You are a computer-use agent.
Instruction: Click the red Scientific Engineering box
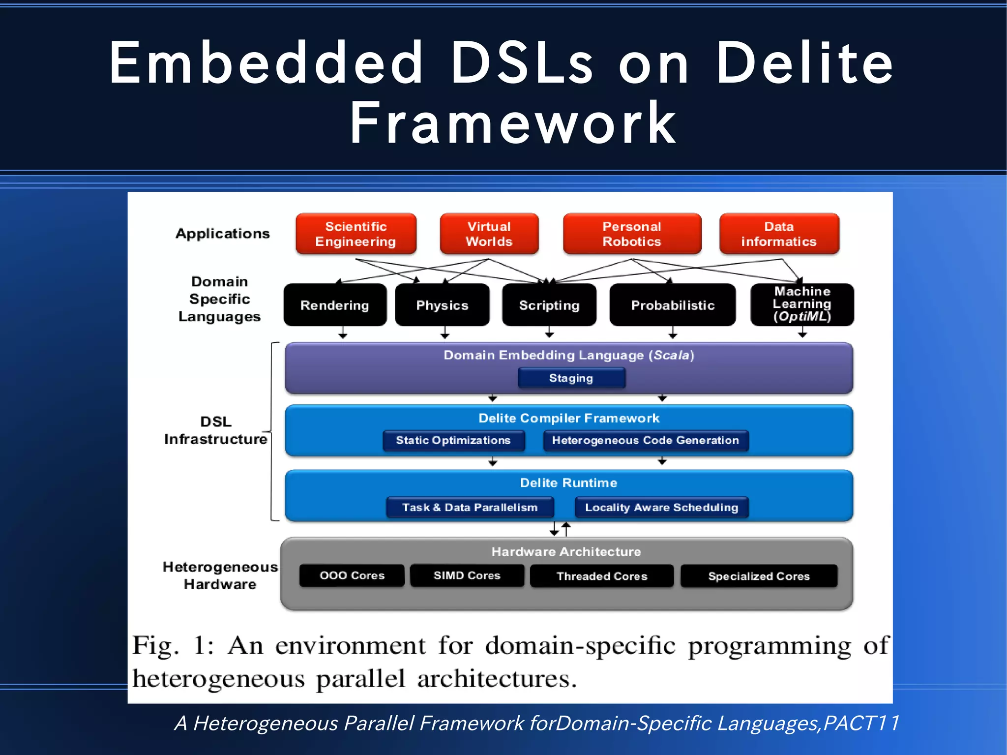(x=355, y=234)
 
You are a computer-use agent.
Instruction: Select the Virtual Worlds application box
(x=489, y=234)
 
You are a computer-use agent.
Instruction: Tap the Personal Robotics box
(x=632, y=234)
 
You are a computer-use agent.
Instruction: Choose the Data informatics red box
(x=779, y=234)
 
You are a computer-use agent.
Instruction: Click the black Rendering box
(x=335, y=305)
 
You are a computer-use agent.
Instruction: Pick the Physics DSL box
(x=442, y=305)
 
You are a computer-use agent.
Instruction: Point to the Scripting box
(x=549, y=305)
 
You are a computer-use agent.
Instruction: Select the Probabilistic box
(x=672, y=305)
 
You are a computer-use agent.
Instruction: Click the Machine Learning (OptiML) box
(x=802, y=304)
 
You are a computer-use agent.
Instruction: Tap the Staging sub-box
(x=571, y=378)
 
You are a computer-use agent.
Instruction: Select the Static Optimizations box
(x=453, y=440)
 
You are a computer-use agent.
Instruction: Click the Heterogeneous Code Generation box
(x=645, y=440)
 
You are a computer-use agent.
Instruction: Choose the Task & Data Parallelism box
(x=470, y=507)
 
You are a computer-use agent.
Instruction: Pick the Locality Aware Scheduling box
(x=661, y=507)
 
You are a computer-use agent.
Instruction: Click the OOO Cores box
(x=352, y=575)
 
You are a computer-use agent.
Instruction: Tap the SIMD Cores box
(x=467, y=575)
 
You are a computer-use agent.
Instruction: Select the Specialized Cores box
(x=759, y=576)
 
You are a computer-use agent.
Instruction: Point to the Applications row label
(x=223, y=234)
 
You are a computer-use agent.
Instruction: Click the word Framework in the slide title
(x=513, y=123)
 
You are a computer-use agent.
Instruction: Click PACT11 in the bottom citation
(x=861, y=723)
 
